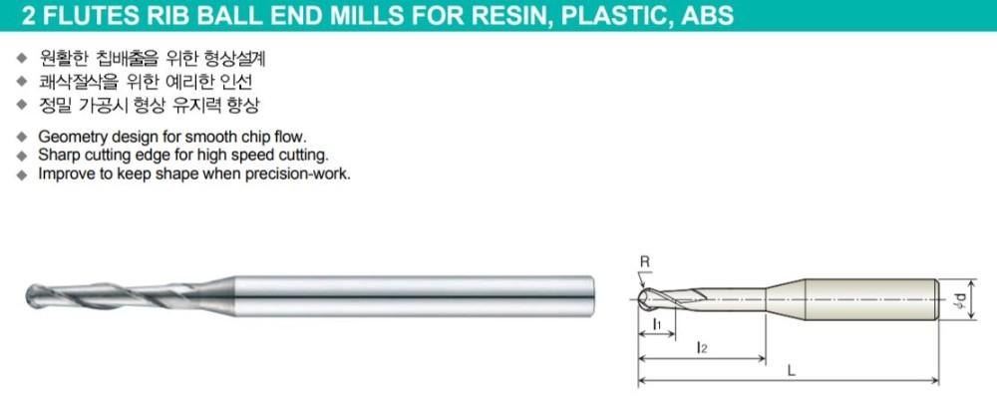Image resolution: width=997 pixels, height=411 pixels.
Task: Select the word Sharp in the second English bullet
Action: click(56, 155)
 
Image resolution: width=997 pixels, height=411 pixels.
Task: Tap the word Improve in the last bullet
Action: click(63, 173)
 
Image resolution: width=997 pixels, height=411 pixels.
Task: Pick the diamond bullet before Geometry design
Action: click(22, 136)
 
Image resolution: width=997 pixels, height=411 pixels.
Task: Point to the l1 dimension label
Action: click(657, 325)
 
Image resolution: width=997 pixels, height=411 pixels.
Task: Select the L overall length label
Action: click(791, 370)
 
